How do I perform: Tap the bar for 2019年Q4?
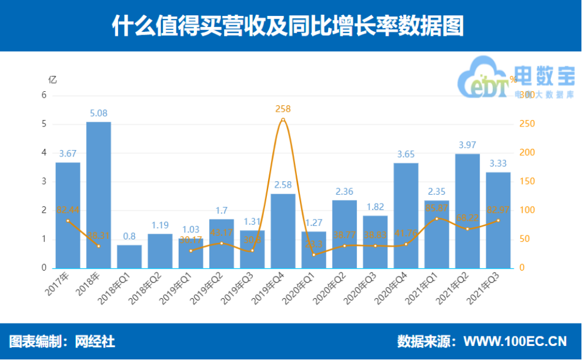pos(283,231)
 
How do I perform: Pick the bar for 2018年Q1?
pos(129,256)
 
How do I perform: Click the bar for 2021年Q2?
pos(467,211)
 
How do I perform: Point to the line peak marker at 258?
pos(283,120)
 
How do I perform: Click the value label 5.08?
pos(98,114)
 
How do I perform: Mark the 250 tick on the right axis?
pos(527,124)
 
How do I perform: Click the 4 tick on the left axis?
pos(44,153)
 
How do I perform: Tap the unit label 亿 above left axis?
pos(52,79)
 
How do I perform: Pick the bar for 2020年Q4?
pos(406,215)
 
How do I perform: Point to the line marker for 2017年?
pos(68,221)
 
